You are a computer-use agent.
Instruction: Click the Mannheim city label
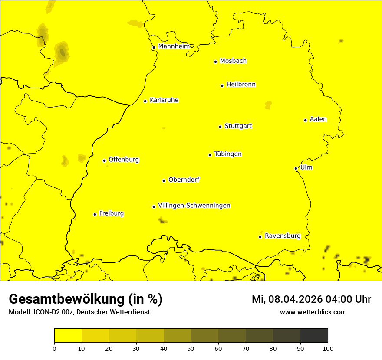coord(174,46)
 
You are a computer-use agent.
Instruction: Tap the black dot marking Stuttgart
coord(220,127)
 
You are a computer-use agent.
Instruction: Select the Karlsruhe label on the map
coord(164,100)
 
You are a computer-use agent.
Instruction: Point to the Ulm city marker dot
coord(296,168)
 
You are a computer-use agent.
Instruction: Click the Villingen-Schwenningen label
coord(194,206)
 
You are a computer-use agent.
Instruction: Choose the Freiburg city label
coord(111,213)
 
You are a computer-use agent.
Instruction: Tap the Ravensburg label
coord(282,236)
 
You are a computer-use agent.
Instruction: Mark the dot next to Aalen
coord(305,120)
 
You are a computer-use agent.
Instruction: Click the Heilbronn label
coord(241,85)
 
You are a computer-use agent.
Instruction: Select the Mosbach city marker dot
coord(215,62)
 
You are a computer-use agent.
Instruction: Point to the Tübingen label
coord(227,154)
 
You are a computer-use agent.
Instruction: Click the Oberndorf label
coord(184,180)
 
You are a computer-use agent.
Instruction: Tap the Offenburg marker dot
coord(104,160)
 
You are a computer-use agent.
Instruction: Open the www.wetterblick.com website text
coord(313,312)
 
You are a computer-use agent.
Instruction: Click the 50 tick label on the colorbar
coord(191,348)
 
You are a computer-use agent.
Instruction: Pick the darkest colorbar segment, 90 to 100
coord(314,335)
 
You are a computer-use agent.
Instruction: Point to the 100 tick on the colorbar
coord(328,348)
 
